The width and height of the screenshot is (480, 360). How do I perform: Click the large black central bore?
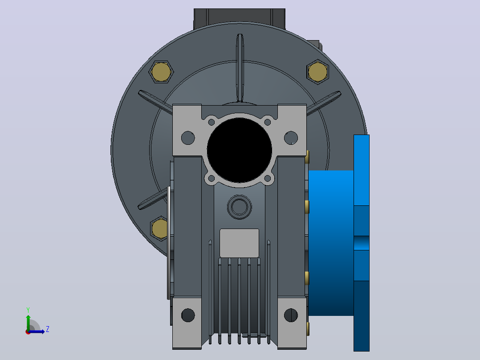[240, 151]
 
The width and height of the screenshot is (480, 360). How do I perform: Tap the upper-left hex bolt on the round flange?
[161, 72]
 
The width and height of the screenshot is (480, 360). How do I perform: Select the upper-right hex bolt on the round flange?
[318, 72]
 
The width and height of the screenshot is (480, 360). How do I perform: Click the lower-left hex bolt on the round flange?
[159, 228]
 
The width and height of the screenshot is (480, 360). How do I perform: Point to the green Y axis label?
[28, 310]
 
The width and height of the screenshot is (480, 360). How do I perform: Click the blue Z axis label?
[48, 329]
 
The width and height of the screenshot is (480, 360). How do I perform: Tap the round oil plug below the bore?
[240, 207]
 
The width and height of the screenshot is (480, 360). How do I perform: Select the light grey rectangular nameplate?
[240, 243]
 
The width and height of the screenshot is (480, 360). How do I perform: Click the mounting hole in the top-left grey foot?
[188, 138]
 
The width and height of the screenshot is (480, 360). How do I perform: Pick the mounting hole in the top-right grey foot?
[291, 138]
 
